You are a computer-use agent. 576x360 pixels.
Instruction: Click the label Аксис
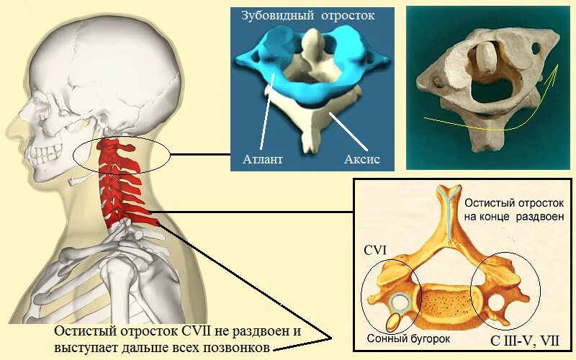[x=361, y=158]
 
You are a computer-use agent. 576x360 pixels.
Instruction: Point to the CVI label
[x=377, y=250]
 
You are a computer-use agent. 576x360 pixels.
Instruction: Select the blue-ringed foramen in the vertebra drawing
[x=400, y=302]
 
